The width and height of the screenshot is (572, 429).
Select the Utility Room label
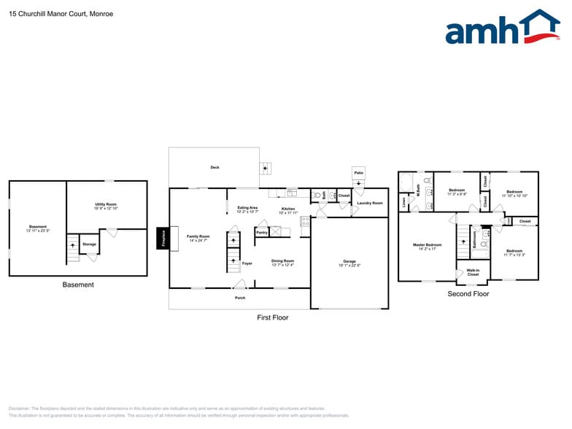pos(106,205)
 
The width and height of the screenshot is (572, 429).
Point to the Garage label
pos(349,262)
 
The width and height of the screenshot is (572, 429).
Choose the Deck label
pos(215,167)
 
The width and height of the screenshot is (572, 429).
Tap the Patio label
pos(358,173)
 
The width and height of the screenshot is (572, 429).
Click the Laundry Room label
pos(370,203)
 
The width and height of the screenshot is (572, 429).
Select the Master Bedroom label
pos(427,246)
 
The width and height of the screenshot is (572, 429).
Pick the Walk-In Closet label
pos(473,273)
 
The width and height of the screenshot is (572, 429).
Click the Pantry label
pos(262,233)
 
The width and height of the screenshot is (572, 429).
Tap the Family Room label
pos(198,237)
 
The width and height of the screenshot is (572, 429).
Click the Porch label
pos(240,298)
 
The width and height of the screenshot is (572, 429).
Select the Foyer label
pos(247,263)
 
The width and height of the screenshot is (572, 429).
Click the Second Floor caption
pos(468,294)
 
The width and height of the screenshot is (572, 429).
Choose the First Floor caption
pos(273,317)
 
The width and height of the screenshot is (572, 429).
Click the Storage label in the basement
pos(89,244)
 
